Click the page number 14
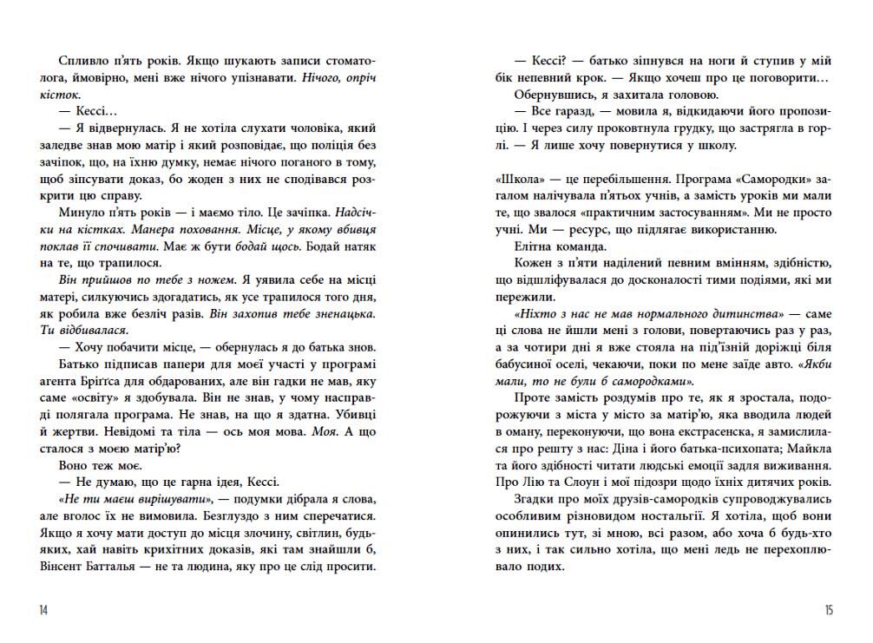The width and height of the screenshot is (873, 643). pyautogui.click(x=43, y=610)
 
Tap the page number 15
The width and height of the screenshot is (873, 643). pyautogui.click(x=829, y=610)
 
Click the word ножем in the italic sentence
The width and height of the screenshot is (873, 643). pyautogui.click(x=211, y=279)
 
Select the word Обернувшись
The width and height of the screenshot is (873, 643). pyautogui.click(x=553, y=95)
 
